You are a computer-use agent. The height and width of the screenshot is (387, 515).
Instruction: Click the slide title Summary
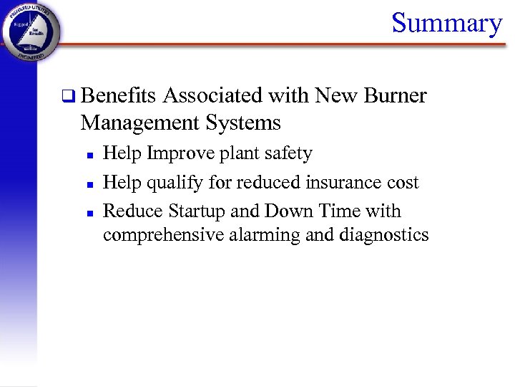447,23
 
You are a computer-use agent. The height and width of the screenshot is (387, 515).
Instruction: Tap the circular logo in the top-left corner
31,32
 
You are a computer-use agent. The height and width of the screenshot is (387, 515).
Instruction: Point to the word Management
139,123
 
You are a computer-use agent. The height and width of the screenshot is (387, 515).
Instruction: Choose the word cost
403,183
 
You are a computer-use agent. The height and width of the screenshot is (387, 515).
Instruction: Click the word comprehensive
164,235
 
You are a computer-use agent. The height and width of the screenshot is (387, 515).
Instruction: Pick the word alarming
266,235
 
